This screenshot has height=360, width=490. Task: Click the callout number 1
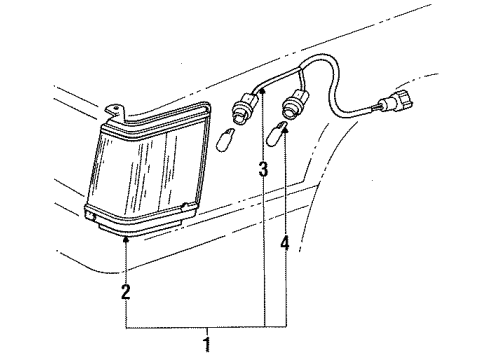click(207, 347)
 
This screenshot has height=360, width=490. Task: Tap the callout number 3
click(263, 171)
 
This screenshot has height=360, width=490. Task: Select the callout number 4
click(285, 242)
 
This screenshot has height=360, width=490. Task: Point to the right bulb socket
click(296, 101)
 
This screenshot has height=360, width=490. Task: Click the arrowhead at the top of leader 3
click(263, 91)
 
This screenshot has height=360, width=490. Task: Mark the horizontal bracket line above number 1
click(206, 328)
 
